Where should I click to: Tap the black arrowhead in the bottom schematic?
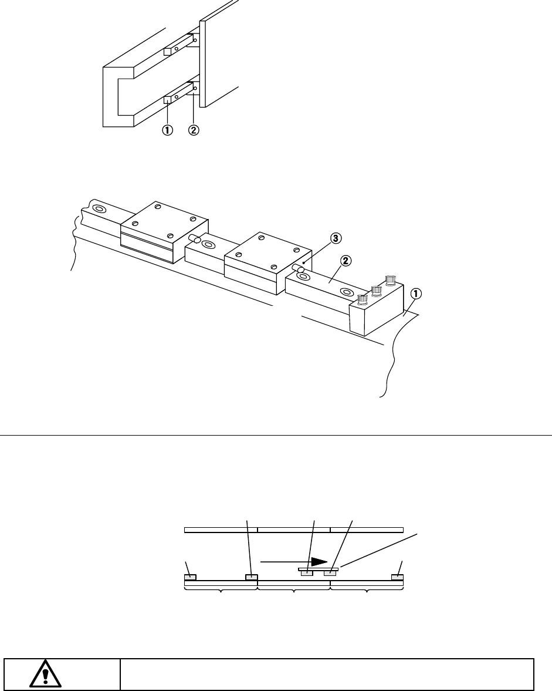tap(319, 561)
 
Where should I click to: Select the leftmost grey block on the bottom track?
tap(191, 577)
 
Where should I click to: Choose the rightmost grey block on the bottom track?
tap(398, 577)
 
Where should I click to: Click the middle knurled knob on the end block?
tap(376, 290)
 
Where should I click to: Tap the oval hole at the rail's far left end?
tap(99, 208)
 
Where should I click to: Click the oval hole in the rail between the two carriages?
tap(209, 244)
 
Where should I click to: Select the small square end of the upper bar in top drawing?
tap(167, 51)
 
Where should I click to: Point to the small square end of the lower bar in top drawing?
tap(167, 100)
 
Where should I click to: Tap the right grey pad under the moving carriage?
tap(330, 573)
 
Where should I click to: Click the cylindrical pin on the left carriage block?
tap(194, 238)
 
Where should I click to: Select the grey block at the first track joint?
tap(252, 577)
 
